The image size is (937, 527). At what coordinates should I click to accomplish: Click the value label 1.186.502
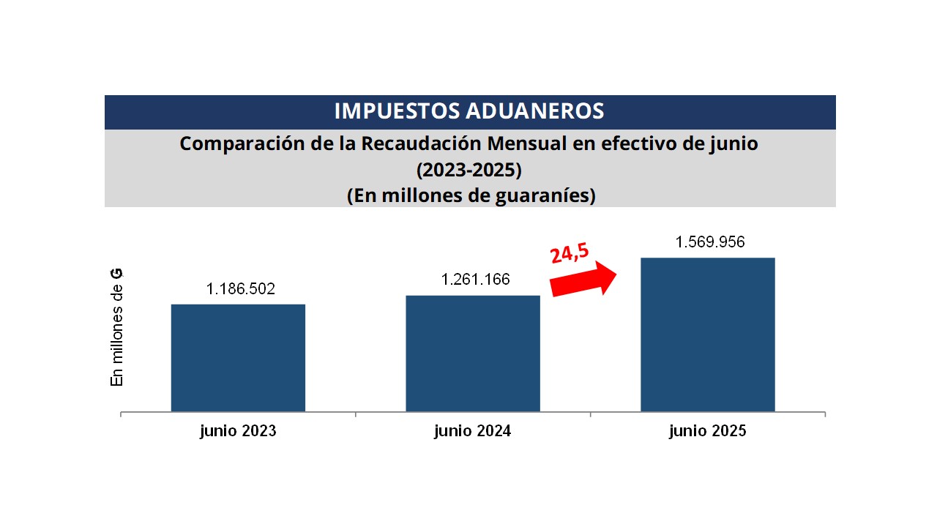tap(241, 288)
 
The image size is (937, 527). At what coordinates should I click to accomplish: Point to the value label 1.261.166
tap(475, 280)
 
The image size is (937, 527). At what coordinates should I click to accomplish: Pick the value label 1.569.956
tap(710, 242)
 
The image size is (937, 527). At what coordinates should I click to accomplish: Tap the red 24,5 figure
tap(570, 253)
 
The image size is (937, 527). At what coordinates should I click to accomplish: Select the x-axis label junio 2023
tap(238, 431)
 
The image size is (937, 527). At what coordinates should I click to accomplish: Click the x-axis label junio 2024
tap(472, 431)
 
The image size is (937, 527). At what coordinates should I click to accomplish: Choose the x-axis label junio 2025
tap(707, 431)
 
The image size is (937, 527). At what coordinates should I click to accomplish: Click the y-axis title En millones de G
tap(116, 327)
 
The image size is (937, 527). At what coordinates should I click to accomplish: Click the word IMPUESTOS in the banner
tap(396, 111)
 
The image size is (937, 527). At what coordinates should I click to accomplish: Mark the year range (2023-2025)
tap(469, 171)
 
